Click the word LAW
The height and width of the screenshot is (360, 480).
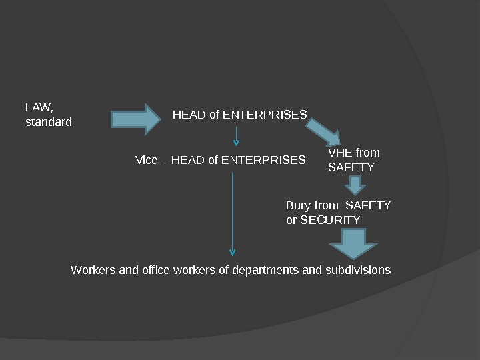click(x=37, y=107)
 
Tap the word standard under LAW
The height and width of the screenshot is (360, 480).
click(x=48, y=123)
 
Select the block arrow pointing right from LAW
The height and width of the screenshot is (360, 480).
click(x=136, y=119)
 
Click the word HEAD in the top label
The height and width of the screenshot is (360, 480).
click(x=189, y=115)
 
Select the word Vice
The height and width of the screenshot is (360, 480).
click(x=147, y=160)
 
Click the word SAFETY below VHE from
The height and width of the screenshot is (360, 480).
click(x=351, y=167)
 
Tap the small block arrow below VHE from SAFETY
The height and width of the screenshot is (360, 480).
click(x=357, y=184)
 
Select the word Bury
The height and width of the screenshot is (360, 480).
click(x=297, y=205)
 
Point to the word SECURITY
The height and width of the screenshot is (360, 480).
click(x=330, y=220)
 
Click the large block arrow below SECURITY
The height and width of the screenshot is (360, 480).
click(x=353, y=243)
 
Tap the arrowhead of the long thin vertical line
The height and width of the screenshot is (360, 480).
click(x=232, y=252)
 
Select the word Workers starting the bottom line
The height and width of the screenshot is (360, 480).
click(x=92, y=270)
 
